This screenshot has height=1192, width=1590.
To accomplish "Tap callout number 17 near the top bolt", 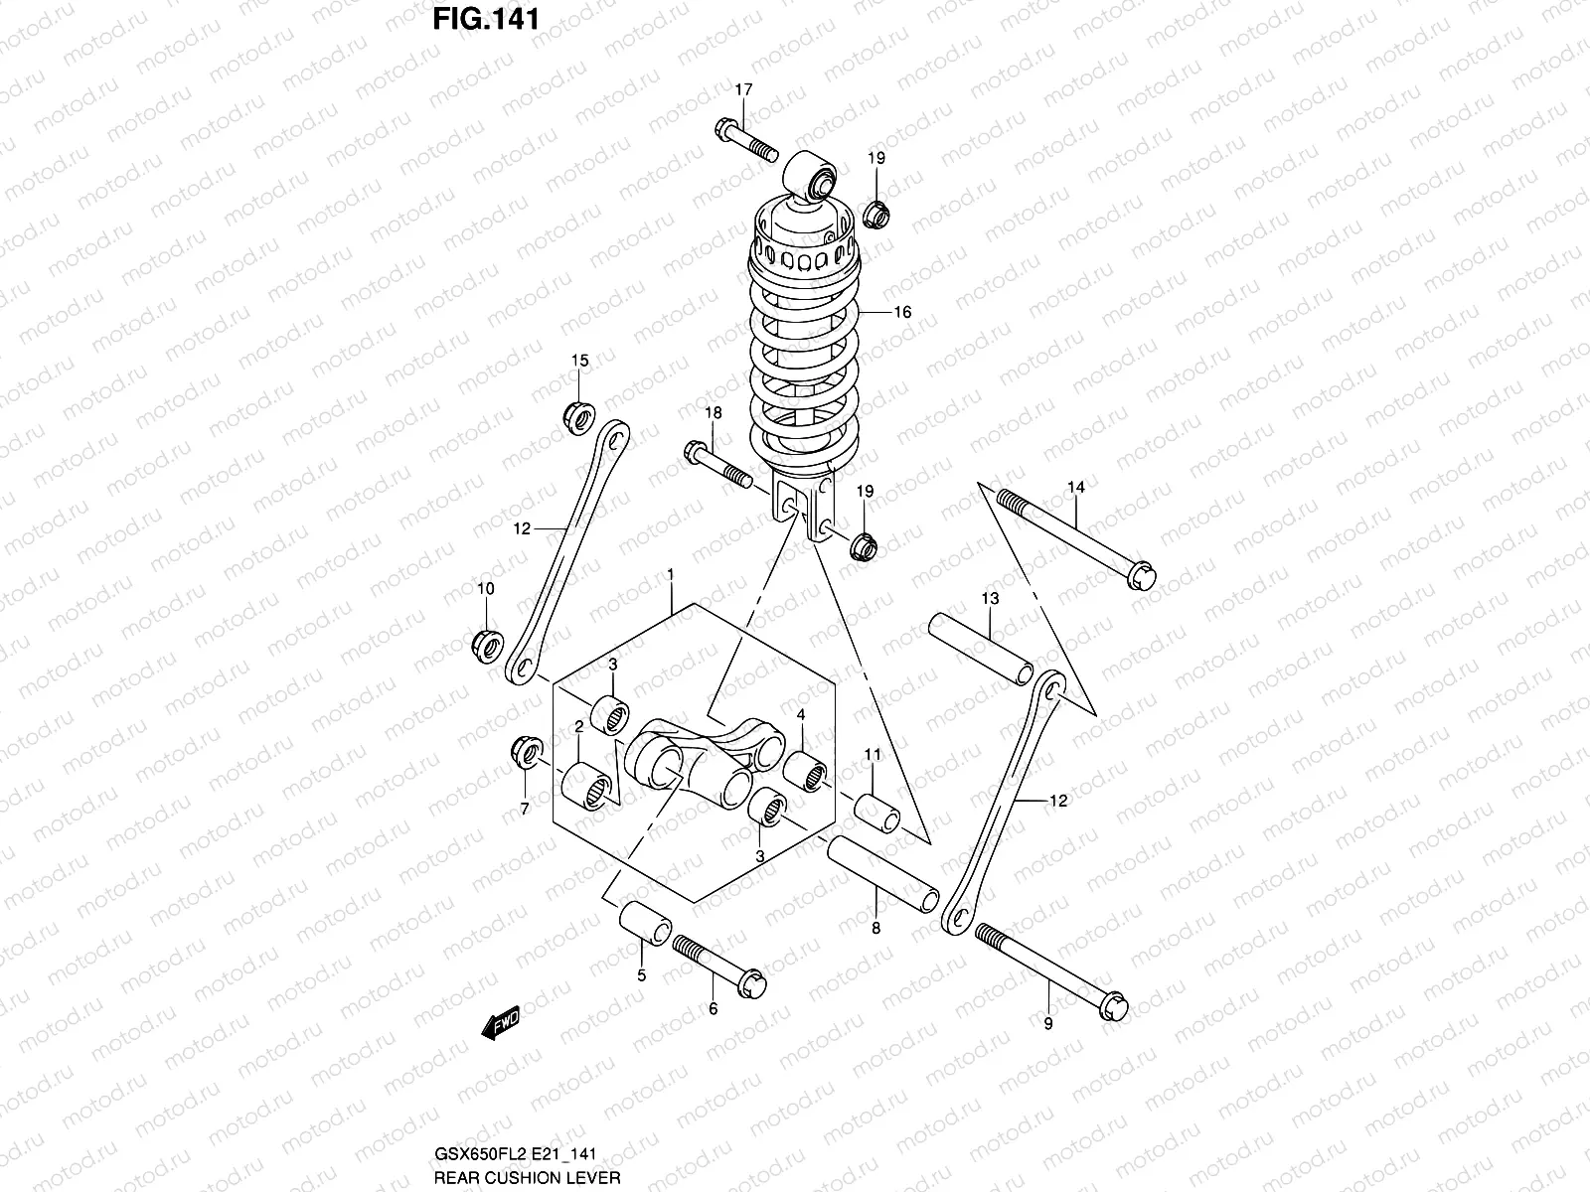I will pos(744,90).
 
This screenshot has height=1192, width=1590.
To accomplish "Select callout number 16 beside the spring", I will pos(901,312).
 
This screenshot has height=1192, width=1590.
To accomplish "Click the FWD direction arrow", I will pos(501,1024).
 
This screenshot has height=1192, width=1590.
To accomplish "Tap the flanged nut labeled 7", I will pos(525,752).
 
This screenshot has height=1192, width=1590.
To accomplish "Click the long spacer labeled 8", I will pos(883,871).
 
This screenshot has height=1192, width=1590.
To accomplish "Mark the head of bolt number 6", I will pos(751,983).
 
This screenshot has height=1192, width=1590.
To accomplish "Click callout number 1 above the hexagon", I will pos(671,575).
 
